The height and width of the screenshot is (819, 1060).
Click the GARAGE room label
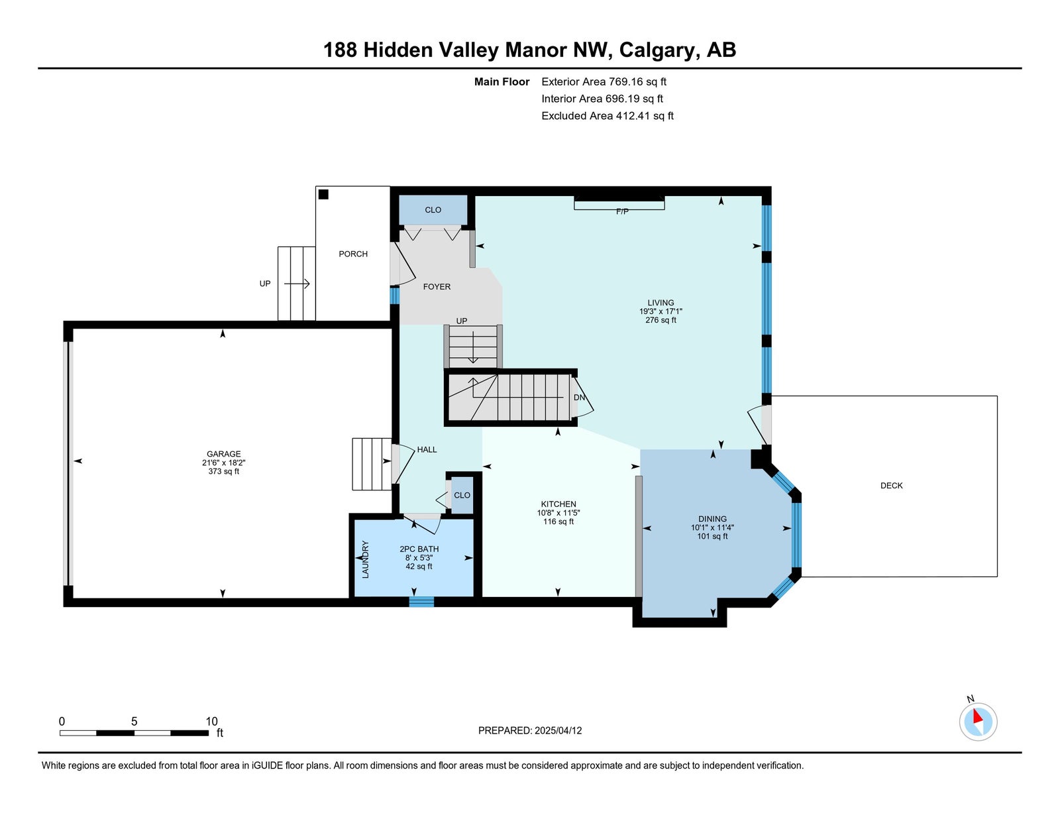(223, 454)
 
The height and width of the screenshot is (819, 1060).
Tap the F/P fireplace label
(622, 211)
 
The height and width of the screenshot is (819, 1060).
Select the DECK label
(891, 485)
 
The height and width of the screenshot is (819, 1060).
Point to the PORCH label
(353, 254)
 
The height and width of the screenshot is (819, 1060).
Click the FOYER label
(437, 286)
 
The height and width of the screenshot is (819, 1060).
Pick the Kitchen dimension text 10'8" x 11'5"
(558, 513)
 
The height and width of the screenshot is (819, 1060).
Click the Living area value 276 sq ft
(661, 320)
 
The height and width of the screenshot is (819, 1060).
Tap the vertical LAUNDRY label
(365, 559)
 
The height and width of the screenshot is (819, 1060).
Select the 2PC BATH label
(419, 549)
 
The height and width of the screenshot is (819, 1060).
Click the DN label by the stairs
(579, 398)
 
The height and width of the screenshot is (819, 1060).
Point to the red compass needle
(977, 716)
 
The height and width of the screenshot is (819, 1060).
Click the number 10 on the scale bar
(211, 722)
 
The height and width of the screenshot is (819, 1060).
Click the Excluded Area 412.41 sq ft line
(608, 115)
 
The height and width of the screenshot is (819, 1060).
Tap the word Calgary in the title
(657, 50)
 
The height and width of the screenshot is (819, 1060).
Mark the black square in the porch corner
(323, 194)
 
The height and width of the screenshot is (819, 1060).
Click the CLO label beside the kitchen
(462, 495)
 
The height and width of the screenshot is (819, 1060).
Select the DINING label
(712, 519)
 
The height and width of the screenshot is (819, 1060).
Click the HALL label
(427, 449)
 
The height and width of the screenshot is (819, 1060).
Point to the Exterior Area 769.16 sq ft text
(604, 82)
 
